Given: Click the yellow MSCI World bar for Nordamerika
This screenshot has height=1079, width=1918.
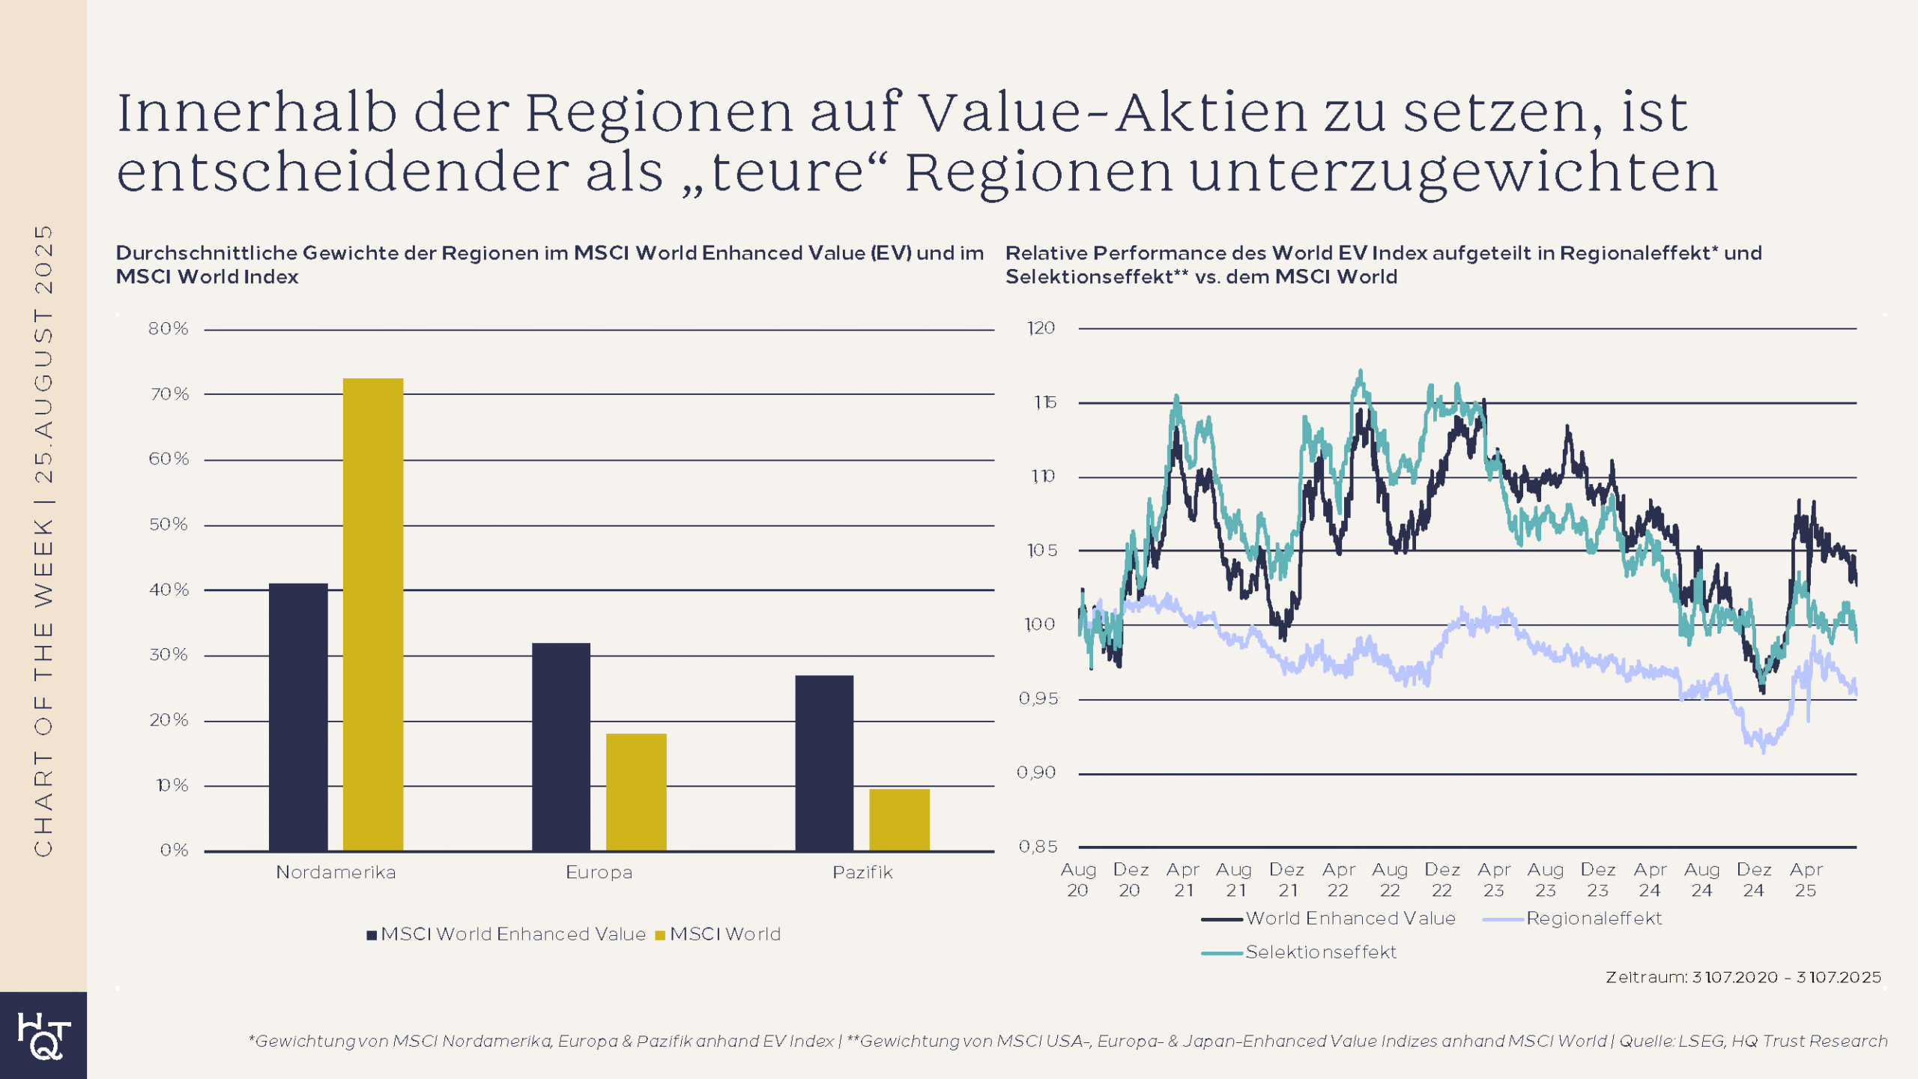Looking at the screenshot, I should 372,614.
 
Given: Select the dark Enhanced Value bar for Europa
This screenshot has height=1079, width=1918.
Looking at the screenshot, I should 561,746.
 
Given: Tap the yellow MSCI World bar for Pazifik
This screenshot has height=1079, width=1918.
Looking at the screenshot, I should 899,820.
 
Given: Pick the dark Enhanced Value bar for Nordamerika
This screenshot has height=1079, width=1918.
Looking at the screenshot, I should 298,717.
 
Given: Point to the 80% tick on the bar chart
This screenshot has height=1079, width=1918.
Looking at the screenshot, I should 168,329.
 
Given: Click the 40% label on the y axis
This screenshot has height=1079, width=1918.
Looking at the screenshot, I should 169,590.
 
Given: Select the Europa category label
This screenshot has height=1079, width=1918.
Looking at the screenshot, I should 599,872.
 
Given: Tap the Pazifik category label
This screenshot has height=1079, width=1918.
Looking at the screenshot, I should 862,872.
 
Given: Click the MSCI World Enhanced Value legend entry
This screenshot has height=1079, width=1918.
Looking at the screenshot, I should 506,934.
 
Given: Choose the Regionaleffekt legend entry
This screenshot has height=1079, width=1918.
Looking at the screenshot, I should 1573,919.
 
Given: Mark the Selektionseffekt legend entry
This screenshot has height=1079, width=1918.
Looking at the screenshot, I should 1300,952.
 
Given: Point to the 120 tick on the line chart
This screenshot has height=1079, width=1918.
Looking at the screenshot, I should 1041,328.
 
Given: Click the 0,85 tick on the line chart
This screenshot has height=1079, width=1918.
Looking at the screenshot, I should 1038,847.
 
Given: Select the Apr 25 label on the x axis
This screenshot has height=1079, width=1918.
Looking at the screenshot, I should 1806,880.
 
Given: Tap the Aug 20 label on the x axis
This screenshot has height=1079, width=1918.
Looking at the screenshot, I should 1078,880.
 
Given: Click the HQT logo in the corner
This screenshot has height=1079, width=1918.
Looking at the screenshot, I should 43,1036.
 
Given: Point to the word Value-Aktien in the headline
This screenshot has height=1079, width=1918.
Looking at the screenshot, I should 1113,112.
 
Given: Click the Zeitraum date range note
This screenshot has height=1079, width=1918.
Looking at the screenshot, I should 1743,977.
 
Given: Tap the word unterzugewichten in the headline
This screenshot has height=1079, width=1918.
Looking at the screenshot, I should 1453,172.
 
